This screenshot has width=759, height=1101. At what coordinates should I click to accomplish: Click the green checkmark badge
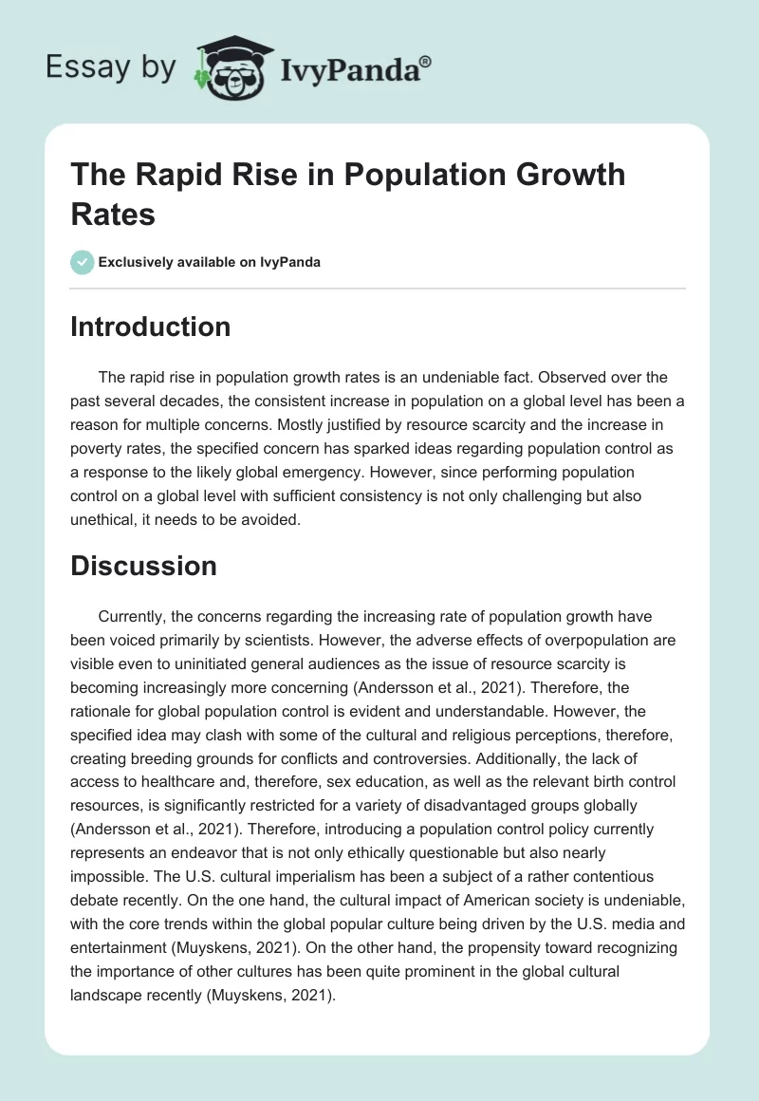point(82,262)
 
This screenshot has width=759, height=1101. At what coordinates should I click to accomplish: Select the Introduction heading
point(150,327)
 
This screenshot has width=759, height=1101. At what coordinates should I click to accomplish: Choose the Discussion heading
point(143,566)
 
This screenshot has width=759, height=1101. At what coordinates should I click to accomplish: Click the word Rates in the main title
point(113,214)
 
